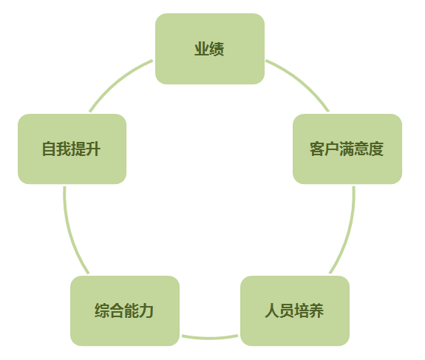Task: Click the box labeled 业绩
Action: (x=210, y=49)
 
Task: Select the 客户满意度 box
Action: (x=347, y=149)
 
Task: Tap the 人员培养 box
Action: (x=295, y=310)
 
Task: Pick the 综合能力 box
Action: (x=125, y=310)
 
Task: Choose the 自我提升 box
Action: (x=72, y=149)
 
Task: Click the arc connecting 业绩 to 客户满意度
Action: (x=302, y=81)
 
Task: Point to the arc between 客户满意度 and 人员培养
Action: (x=348, y=232)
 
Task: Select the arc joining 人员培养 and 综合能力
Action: (x=210, y=338)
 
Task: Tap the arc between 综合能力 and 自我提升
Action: (x=71, y=232)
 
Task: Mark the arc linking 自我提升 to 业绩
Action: (x=118, y=81)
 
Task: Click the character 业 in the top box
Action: (x=202, y=49)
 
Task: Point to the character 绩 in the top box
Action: (x=217, y=49)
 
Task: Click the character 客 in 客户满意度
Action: (x=317, y=149)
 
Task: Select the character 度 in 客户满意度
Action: (x=376, y=149)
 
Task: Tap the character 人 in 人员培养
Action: (x=273, y=310)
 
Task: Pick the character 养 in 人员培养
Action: (x=316, y=310)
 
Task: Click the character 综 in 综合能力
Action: (x=102, y=310)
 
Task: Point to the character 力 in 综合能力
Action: (x=146, y=310)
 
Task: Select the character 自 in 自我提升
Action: (x=50, y=149)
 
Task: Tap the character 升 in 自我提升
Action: (x=93, y=149)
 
